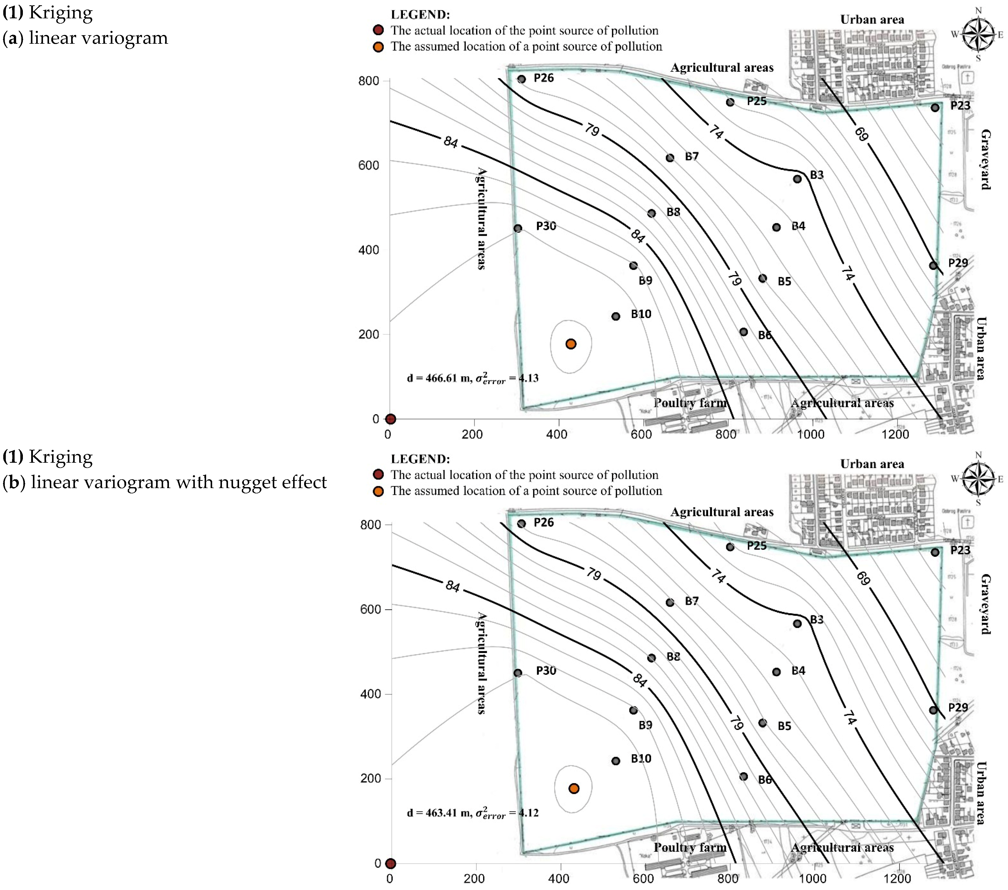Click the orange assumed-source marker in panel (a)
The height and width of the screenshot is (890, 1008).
pyautogui.click(x=571, y=344)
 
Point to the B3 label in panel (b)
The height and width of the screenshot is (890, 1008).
pyautogui.click(x=817, y=619)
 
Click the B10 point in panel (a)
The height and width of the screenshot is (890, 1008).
pyautogui.click(x=615, y=316)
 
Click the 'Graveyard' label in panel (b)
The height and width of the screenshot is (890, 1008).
pyautogui.click(x=985, y=604)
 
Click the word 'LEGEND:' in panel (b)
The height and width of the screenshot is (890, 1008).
pyautogui.click(x=420, y=459)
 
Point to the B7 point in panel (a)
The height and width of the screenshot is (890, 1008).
pyautogui.click(x=670, y=158)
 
